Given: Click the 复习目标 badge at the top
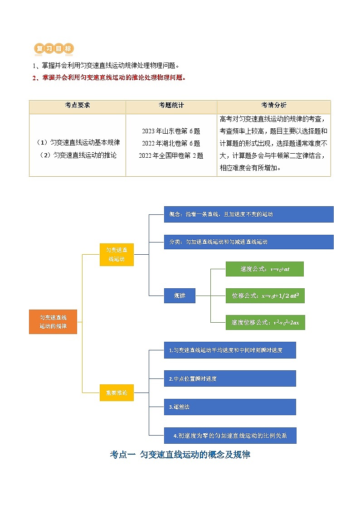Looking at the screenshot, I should tap(54, 49).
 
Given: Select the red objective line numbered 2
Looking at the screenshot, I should tap(109, 78).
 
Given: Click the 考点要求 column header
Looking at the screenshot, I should tap(78, 105).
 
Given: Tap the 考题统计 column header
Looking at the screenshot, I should tap(171, 105).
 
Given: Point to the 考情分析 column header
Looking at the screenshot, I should tap(273, 105).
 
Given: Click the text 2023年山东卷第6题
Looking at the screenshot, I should tap(171, 131).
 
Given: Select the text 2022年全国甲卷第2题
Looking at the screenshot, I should tap(171, 155).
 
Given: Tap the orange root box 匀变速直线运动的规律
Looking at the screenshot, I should tap(53, 322).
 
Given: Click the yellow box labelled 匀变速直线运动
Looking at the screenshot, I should tap(117, 254).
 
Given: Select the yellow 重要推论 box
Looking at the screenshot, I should tap(117, 393).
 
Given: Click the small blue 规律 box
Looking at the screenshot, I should tap(180, 296).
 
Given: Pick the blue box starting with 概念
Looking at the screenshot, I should tap(248, 214).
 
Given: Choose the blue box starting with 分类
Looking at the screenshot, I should tap(248, 242).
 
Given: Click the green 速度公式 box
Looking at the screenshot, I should tap(264, 269).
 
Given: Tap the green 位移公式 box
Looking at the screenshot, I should tap(265, 296).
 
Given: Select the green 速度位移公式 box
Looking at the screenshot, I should tap(265, 322).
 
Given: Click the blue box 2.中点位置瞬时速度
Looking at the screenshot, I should tap(230, 378).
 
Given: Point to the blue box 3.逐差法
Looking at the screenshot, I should tap(230, 407).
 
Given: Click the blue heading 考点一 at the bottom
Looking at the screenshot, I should tap(180, 455).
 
